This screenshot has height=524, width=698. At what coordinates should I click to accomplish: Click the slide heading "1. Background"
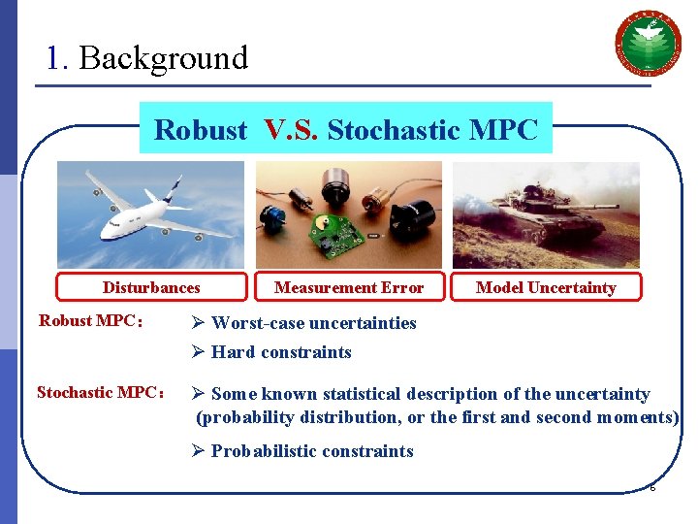click(x=147, y=58)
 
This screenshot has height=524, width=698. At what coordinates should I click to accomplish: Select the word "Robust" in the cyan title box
click(x=201, y=130)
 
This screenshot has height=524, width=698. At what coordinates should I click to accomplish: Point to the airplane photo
click(x=150, y=213)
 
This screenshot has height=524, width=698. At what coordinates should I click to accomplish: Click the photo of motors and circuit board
click(x=348, y=214)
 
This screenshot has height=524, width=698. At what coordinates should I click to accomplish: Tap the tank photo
click(x=546, y=214)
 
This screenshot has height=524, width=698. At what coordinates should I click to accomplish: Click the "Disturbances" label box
click(x=151, y=287)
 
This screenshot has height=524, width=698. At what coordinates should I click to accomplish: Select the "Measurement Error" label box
click(x=349, y=287)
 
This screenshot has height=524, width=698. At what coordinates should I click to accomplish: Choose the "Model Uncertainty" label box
click(x=546, y=287)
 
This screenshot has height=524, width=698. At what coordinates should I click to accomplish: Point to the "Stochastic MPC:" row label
click(x=100, y=393)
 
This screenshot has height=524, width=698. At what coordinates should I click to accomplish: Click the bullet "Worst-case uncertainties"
click(x=313, y=323)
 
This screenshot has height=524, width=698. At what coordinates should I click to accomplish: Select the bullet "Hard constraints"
click(x=281, y=352)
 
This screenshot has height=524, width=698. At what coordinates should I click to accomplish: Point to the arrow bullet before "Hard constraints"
click(x=197, y=352)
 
